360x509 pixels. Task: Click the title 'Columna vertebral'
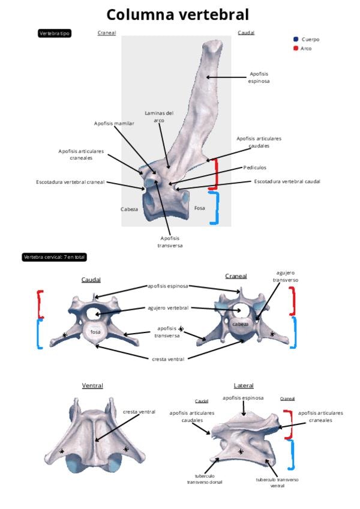pos(178,14)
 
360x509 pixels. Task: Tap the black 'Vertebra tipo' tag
pos(55,34)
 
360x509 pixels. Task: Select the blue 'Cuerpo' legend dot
pos(296,40)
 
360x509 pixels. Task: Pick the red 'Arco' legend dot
pos(296,48)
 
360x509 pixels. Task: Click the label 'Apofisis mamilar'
pos(114,123)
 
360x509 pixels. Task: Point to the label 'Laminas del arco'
pos(159,116)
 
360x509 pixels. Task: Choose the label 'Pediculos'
pos(255,168)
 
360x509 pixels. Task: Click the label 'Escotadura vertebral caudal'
pos(287,181)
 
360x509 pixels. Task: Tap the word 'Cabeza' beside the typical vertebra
pos(129,209)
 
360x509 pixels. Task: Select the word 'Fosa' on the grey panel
pos(200,208)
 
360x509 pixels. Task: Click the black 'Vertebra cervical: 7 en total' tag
pos(54,257)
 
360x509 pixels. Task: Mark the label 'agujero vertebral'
pos(168,308)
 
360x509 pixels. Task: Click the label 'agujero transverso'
pos(286,277)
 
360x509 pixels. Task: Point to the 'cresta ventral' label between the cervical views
pos(168,359)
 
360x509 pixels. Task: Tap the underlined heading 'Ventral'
pos(92,385)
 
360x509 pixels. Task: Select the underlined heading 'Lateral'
pos(244,385)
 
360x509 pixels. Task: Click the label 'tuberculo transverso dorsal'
pos(205,478)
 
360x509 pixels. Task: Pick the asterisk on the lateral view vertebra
pos(241,451)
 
